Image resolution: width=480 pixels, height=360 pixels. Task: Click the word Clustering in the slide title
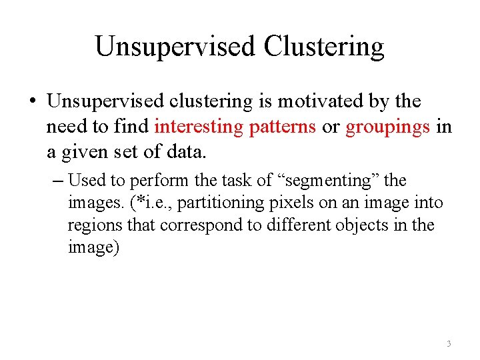(x=324, y=47)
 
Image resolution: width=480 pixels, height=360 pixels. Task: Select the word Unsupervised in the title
(x=175, y=47)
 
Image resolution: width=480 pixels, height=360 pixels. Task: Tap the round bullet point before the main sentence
(x=31, y=102)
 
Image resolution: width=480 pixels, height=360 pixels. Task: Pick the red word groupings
(x=388, y=127)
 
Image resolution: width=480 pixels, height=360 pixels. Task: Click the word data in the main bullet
(x=187, y=153)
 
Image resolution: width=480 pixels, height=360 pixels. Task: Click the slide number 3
(x=449, y=343)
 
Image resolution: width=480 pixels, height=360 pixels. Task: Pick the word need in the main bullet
(x=67, y=127)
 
